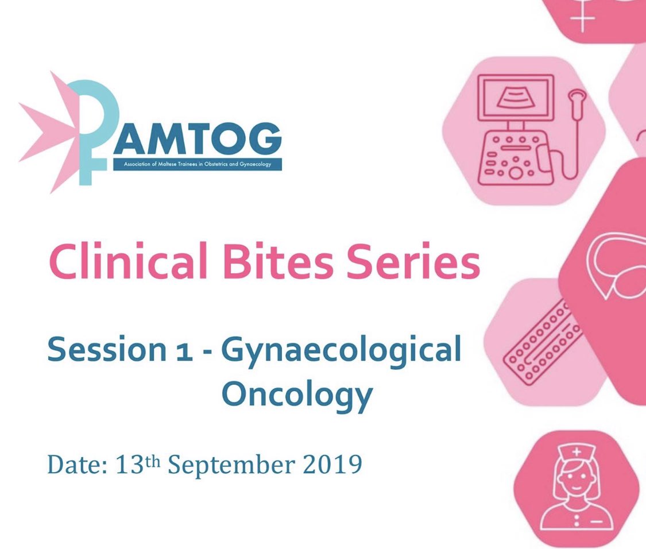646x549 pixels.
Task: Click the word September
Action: [x=235, y=465]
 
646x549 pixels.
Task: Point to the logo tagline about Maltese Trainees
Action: [x=198, y=164]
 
